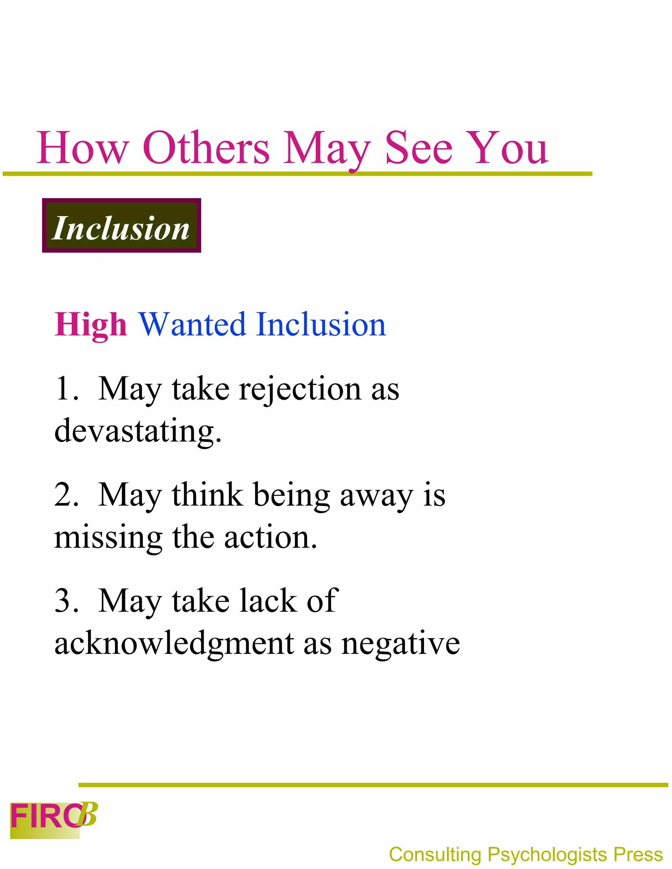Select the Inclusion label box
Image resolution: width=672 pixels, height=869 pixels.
121,225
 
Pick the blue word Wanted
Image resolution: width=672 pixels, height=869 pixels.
192,325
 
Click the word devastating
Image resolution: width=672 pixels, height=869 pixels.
137,431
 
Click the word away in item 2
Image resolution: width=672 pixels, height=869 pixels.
376,496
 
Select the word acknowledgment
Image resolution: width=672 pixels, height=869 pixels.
174,644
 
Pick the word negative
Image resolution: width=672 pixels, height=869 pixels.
401,644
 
